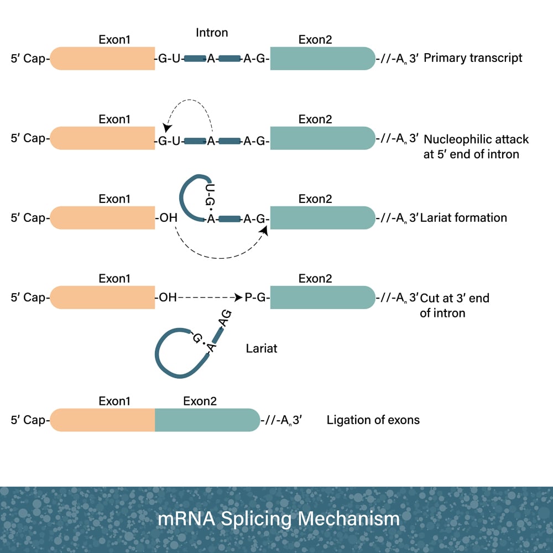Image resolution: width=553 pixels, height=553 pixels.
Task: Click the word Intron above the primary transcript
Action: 212,33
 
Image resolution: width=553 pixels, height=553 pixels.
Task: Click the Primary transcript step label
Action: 473,58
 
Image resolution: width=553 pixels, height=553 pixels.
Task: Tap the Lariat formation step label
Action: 463,218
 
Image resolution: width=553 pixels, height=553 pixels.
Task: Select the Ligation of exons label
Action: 373,420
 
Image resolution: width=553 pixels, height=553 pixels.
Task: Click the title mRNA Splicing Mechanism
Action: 278,519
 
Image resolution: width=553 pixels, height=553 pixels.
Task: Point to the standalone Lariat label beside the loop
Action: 262,349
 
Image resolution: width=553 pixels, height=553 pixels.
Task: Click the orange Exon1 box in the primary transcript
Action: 103,59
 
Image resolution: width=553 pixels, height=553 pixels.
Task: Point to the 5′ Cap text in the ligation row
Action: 29,420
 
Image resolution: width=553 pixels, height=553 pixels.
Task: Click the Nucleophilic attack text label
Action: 476,139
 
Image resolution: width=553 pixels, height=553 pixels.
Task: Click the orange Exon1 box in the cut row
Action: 103,298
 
